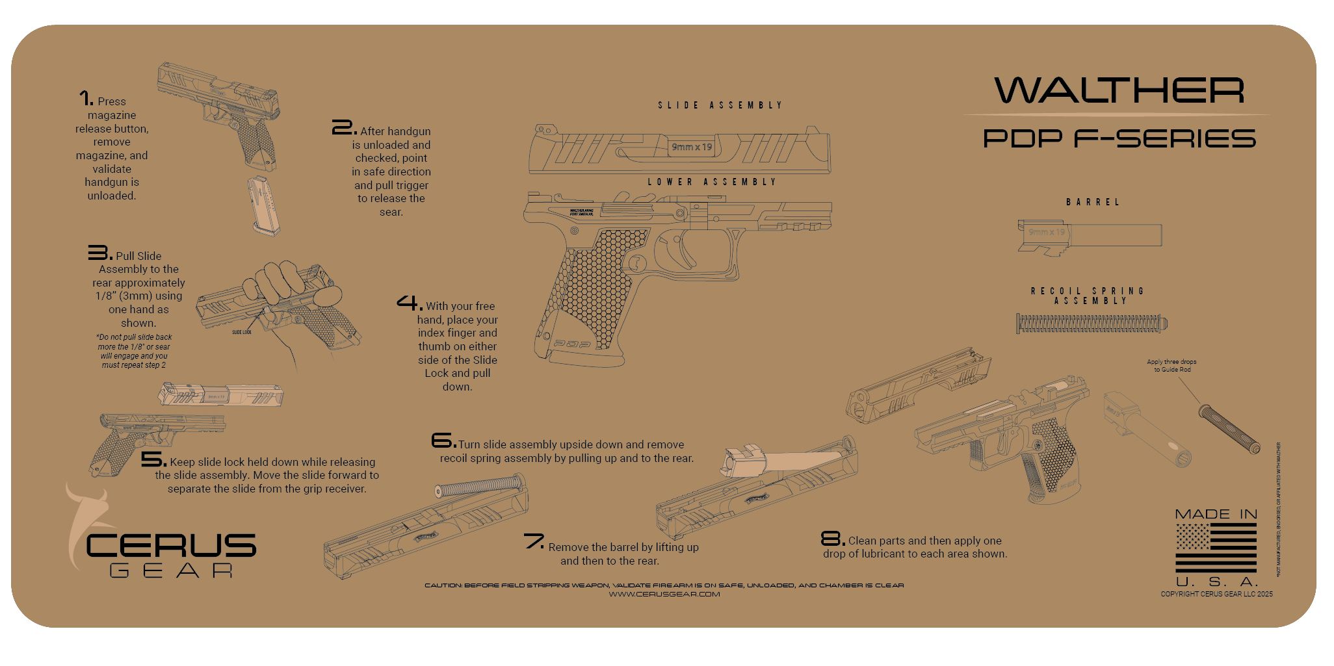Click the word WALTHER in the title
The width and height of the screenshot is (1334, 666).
coord(1119,90)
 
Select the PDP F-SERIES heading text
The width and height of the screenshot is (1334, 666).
coord(1119,138)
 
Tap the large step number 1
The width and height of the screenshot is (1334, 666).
coord(86,98)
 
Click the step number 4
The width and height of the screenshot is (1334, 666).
coord(409,303)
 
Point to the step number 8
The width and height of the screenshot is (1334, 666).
coord(832,538)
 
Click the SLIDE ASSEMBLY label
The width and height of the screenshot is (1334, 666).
coord(720,105)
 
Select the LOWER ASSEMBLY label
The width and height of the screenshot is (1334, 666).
coord(712,182)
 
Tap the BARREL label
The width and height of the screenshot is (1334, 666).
coord(1093,202)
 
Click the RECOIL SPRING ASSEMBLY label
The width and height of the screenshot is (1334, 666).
coord(1088,296)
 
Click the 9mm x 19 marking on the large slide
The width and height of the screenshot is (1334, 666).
coord(692,147)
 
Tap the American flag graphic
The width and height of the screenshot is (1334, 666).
coord(1216,548)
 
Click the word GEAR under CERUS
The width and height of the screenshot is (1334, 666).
coord(171,570)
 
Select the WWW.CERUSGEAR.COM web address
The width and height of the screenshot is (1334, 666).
coord(664,594)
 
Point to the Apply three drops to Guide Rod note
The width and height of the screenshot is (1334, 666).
coord(1171,366)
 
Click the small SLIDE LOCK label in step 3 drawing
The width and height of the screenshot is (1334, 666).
coord(241,332)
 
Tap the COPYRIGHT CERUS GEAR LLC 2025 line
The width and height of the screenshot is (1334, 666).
coord(1216,594)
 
